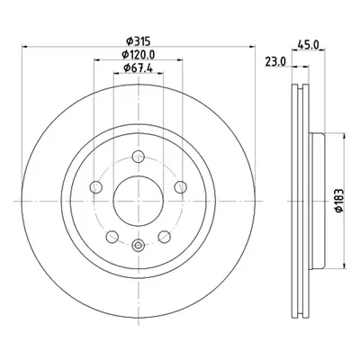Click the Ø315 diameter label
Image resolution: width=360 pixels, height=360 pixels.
(139, 40)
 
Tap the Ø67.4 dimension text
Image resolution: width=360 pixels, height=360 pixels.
(139, 68)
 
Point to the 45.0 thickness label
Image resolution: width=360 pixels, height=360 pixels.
(308, 44)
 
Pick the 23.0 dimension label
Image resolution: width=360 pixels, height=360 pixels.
(275, 62)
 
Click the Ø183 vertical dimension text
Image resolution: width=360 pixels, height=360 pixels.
(338, 201)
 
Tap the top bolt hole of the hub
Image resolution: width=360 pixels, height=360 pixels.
(139, 157)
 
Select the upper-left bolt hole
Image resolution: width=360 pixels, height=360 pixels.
(96, 187)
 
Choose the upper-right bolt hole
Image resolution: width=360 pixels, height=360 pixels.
(181, 187)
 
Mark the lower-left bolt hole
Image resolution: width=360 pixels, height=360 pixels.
(112, 237)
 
